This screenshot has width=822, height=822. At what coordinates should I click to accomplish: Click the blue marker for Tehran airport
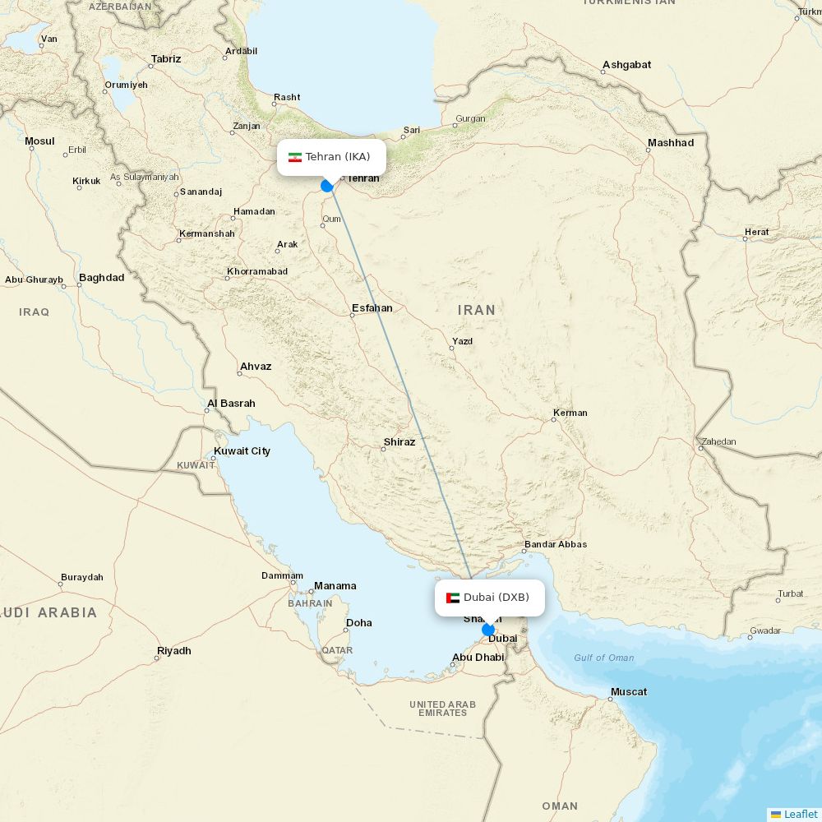(x=327, y=186)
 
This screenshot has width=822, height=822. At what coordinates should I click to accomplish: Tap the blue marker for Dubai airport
(x=488, y=630)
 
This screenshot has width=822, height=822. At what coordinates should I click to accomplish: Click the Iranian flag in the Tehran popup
(x=294, y=157)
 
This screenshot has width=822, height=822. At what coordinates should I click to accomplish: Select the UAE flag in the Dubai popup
(x=452, y=598)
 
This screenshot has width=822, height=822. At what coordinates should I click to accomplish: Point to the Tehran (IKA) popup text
(x=338, y=157)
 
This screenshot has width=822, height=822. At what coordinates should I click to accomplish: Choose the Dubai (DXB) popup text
(x=496, y=598)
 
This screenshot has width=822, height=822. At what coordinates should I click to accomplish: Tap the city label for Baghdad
(x=101, y=278)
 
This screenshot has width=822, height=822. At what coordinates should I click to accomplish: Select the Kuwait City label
(x=242, y=451)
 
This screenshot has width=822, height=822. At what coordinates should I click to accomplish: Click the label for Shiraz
(x=399, y=442)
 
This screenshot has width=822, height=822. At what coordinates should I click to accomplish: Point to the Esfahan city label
(x=372, y=308)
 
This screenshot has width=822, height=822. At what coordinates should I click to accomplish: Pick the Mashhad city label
(x=670, y=143)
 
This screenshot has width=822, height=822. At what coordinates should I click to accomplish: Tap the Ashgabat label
(x=626, y=65)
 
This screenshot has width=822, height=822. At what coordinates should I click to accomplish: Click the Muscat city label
(x=628, y=692)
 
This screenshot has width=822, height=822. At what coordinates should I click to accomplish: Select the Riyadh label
(x=173, y=651)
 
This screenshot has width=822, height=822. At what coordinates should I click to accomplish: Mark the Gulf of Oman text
(x=603, y=658)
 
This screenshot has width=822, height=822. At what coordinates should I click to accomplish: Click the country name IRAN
(x=477, y=310)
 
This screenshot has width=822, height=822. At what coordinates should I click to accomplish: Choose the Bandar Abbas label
(x=556, y=544)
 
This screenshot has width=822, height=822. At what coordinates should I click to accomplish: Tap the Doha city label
(x=358, y=623)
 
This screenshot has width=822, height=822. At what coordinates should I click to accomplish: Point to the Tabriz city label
(x=165, y=59)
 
